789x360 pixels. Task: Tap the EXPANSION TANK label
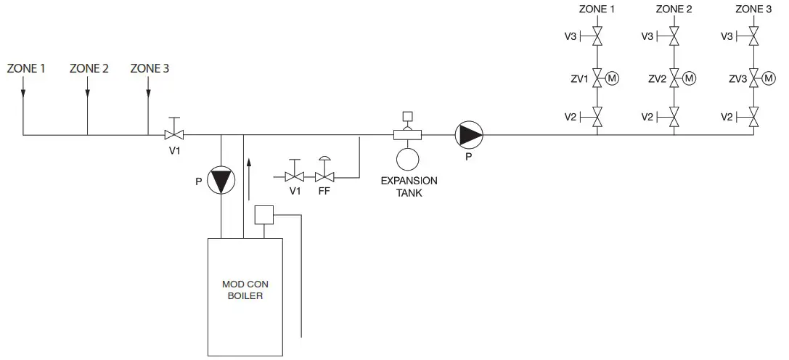coord(409,187)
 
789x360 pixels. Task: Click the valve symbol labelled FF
coord(324,176)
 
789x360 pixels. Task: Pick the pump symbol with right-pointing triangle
coord(468,134)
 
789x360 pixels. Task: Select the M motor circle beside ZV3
coord(770,78)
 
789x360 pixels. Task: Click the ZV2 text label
coord(658,78)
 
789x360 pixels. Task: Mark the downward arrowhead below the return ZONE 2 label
coord(87,92)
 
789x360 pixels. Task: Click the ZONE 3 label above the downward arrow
coord(150,69)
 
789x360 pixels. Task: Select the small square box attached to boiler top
coord(263,215)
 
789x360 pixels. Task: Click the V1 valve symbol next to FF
coord(295,176)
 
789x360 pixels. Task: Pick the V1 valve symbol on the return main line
coord(173,134)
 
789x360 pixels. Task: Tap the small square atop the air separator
coord(407,115)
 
